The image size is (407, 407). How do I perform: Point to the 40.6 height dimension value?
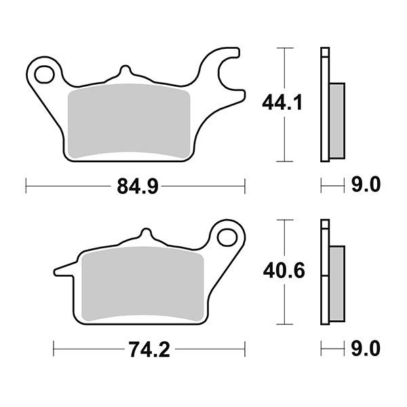tap(283, 272)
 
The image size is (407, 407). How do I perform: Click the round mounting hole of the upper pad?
tap(45, 72)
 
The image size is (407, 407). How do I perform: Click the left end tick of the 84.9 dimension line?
tap(26, 184)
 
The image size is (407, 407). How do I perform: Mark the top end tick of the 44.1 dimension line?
tap(285, 48)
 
